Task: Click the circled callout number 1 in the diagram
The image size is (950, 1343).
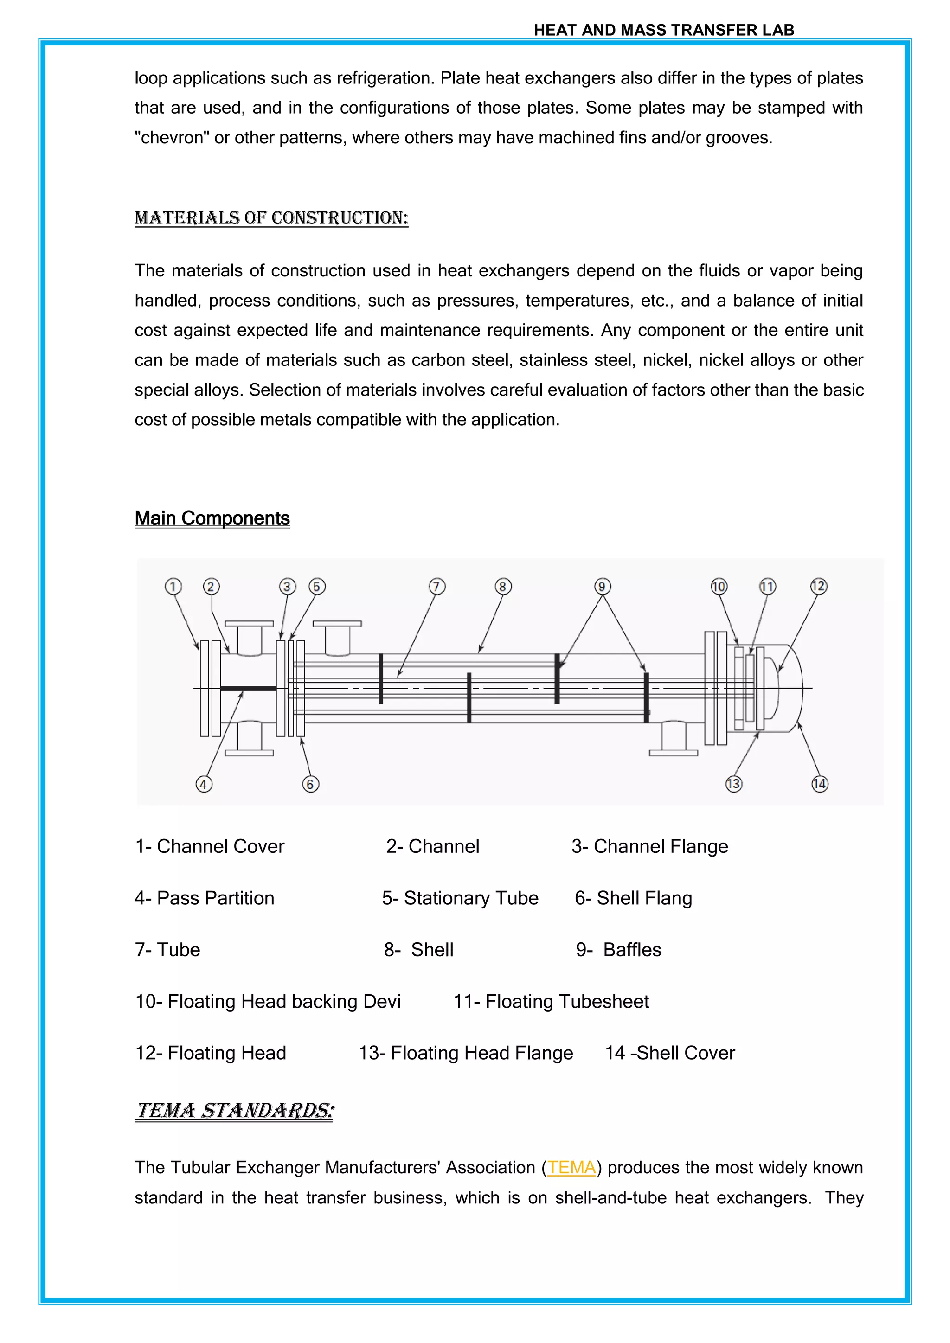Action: (x=173, y=586)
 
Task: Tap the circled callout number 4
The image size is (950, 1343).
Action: (x=204, y=784)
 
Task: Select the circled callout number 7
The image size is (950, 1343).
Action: (x=437, y=586)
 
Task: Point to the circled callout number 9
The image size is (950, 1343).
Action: (x=603, y=586)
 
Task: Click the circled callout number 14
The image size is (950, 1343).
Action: (x=820, y=784)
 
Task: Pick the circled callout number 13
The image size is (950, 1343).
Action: (x=733, y=784)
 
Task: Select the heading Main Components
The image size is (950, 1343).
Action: (x=212, y=518)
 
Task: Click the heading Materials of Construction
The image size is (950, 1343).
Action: (x=271, y=218)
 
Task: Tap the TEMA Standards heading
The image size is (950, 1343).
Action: (x=235, y=1110)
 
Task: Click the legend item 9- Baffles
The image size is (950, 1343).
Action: (x=618, y=949)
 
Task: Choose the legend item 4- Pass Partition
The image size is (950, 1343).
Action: (x=205, y=898)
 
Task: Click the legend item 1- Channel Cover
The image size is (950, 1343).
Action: (x=210, y=846)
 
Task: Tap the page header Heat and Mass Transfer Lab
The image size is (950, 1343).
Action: (x=664, y=31)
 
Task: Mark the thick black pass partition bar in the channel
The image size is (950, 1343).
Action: (x=248, y=689)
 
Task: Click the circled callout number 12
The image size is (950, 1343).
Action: (x=818, y=586)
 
